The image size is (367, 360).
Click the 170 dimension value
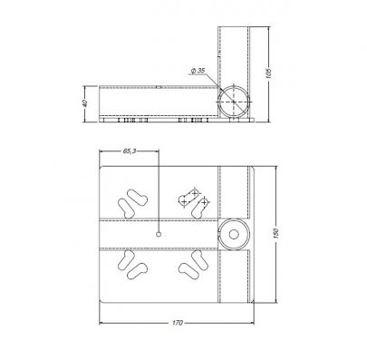click(178, 323)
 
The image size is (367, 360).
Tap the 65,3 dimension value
click(130, 151)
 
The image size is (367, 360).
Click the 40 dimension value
click(85, 103)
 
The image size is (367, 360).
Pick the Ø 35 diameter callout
click(198, 71)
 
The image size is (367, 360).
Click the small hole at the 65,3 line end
click(158, 234)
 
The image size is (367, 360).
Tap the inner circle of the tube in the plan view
click(234, 235)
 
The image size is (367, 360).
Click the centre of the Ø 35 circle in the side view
click(234, 102)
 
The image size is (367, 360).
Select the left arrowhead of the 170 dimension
click(101, 323)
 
